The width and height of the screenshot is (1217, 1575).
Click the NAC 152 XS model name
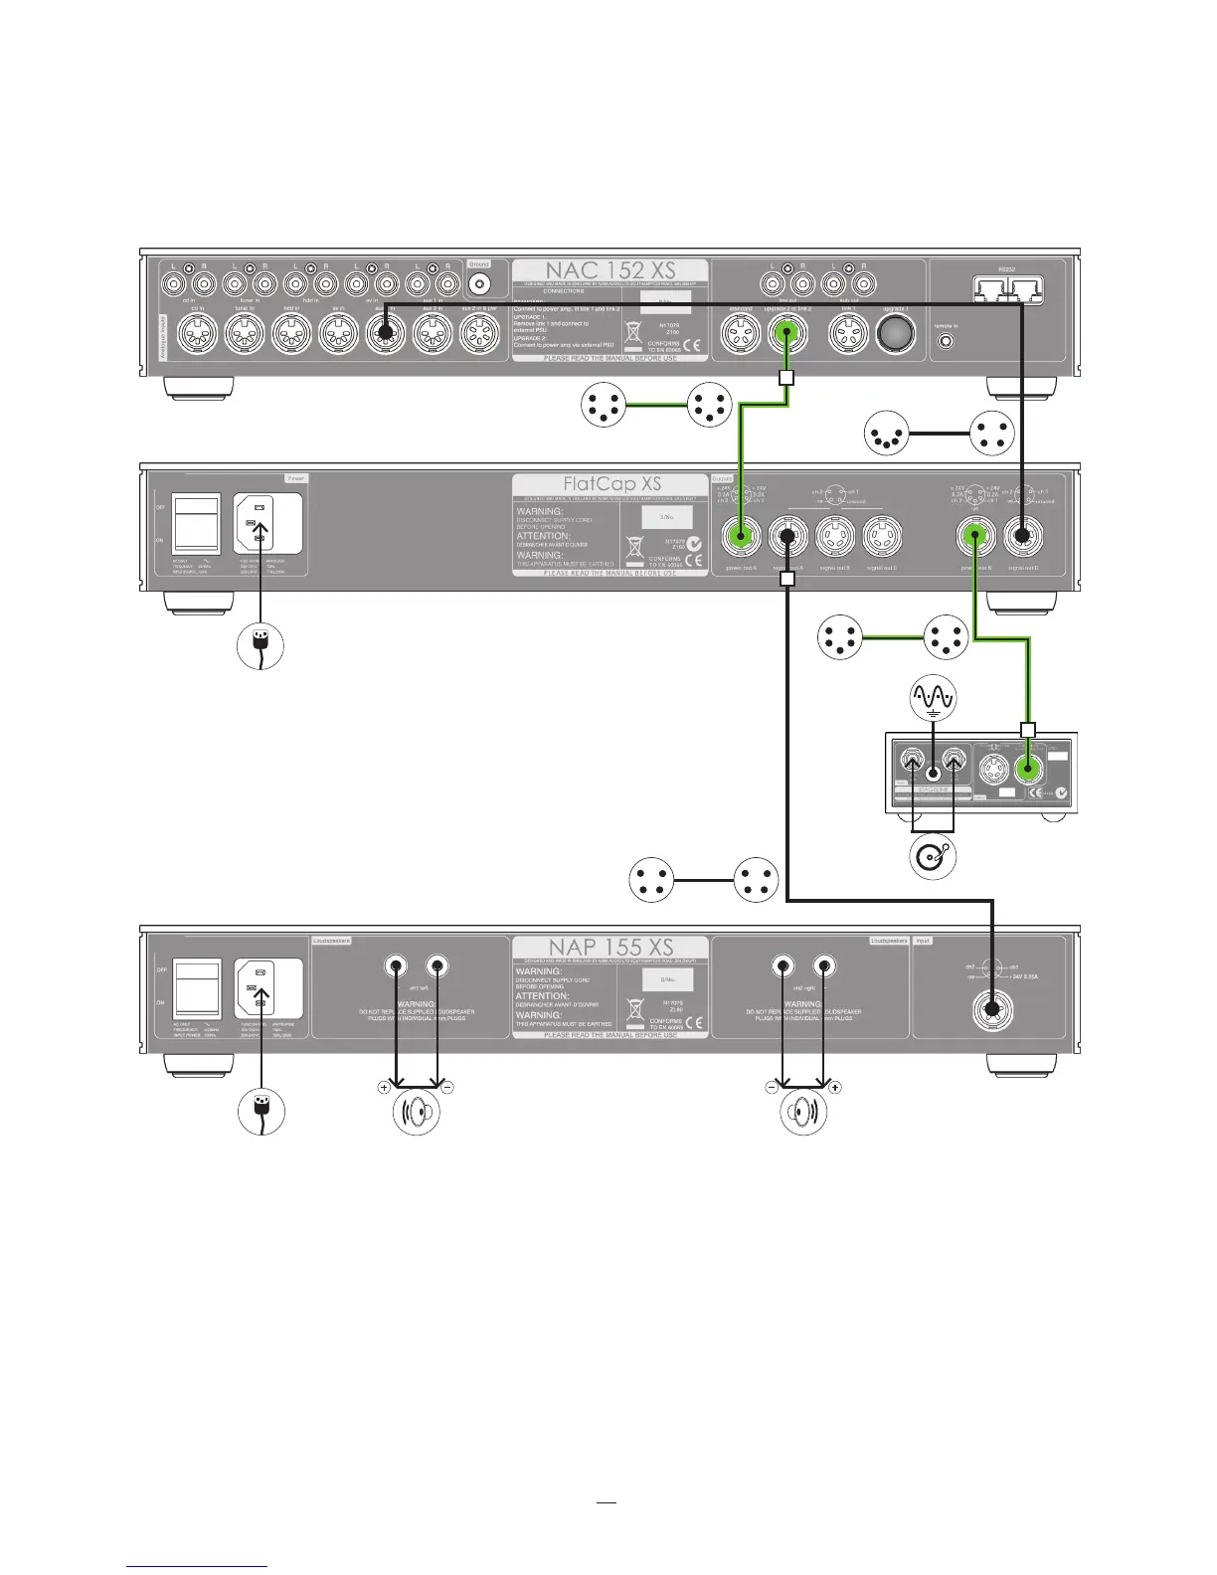tap(609, 270)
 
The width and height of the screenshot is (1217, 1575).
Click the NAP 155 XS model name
tap(609, 947)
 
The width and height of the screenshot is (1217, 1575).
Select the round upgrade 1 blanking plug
tap(895, 336)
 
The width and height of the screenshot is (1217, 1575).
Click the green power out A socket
tap(741, 538)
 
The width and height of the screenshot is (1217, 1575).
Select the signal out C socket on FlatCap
tap(881, 538)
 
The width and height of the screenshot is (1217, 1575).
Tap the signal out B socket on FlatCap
tap(835, 538)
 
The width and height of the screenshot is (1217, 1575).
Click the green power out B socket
tap(976, 538)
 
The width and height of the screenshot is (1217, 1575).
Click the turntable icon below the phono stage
tap(933, 856)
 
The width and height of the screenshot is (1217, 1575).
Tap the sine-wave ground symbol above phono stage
tap(933, 699)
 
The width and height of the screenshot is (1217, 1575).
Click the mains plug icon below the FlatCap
tap(260, 646)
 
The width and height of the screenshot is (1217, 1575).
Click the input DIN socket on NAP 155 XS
tap(991, 1012)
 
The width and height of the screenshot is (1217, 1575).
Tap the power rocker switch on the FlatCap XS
tap(195, 523)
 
